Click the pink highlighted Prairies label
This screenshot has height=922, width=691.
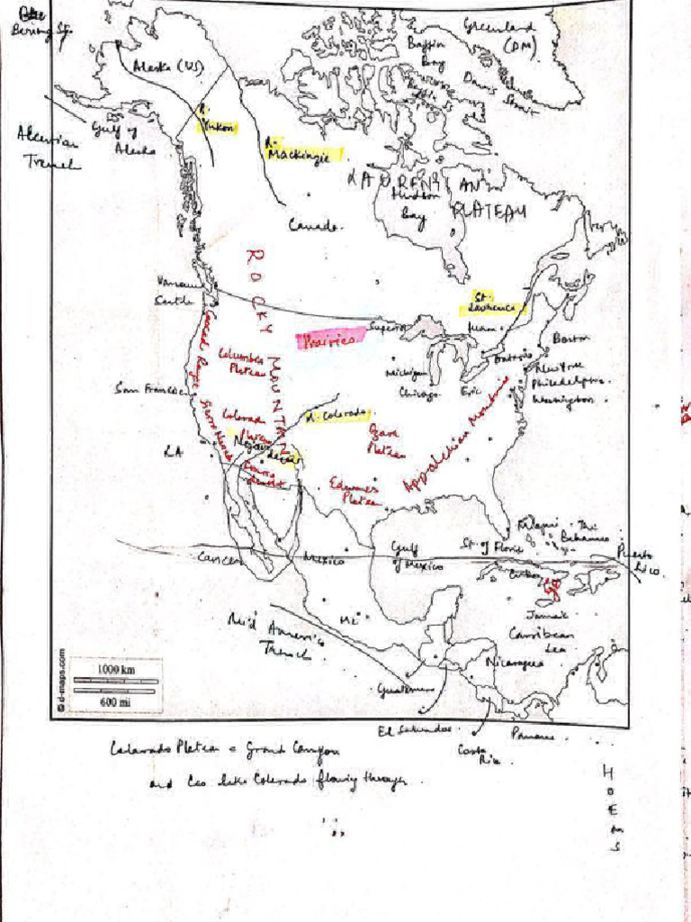point(330,340)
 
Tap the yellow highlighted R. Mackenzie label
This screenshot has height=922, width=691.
point(293,150)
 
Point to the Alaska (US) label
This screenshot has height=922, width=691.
point(168,67)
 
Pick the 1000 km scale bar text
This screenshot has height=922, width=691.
point(116,670)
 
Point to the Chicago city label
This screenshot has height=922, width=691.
point(419,394)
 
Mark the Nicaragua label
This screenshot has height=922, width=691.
point(516,663)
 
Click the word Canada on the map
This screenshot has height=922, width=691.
point(315,225)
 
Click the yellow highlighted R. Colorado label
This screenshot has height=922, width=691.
point(336,416)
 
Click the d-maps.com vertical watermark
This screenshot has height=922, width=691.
point(60,681)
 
